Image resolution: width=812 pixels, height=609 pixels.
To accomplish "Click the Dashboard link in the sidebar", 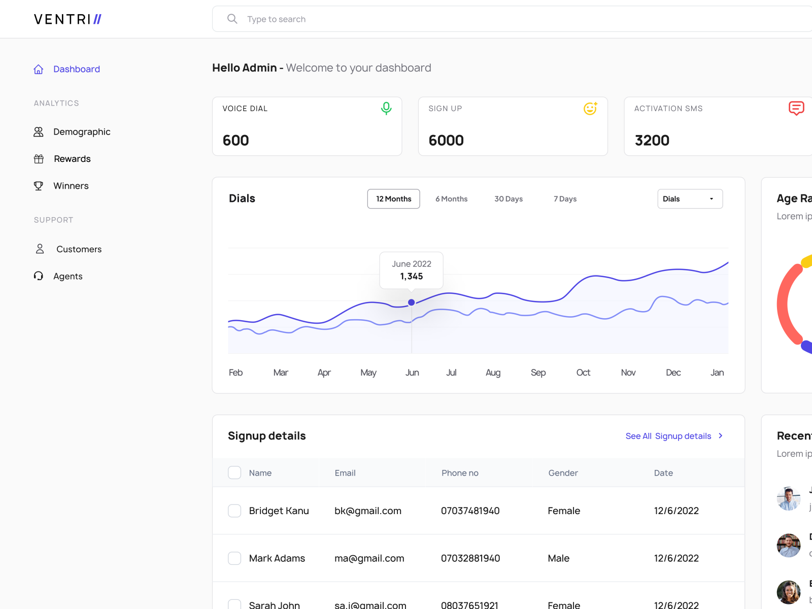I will pos(76,69).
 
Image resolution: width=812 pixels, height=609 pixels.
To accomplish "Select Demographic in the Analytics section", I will pos(81,132).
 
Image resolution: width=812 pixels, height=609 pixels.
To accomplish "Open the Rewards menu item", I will pos(72,159).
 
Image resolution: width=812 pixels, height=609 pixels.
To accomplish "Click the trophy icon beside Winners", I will pos(39,186).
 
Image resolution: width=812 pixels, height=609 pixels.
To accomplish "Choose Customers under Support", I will pos(79,249).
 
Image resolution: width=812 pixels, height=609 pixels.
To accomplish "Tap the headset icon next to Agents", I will pos(39,276).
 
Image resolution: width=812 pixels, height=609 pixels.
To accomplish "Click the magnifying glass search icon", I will pos(232,19).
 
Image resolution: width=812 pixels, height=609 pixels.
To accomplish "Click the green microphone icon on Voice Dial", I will pos(386,108).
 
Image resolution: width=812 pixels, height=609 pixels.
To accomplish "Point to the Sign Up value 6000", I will pos(446,141).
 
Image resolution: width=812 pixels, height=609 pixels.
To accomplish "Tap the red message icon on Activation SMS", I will pos(796,108).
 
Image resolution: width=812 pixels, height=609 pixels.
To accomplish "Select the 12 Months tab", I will pos(393,199).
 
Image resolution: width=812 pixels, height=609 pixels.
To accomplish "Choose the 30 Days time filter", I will pos(509,199).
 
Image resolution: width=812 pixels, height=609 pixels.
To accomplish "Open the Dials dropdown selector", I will pos(690,199).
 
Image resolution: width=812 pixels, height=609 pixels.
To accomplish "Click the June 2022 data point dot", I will pos(412,302).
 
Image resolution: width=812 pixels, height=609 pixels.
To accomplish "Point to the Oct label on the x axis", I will pos(583,373).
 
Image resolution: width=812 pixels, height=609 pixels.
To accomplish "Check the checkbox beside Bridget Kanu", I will pos(234,511).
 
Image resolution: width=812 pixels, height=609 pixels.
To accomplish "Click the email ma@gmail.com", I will pos(369,558).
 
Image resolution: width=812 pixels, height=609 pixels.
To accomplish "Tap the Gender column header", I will pos(563,473).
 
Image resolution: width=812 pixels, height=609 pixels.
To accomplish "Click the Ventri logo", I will pos(67,19).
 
